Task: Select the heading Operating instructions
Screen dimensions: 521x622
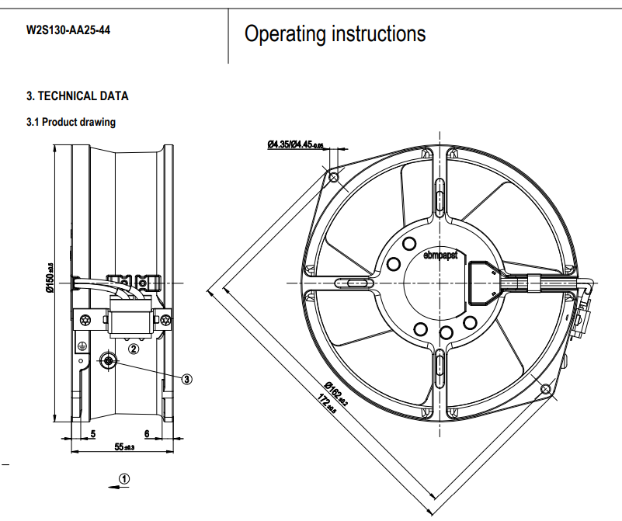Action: point(335,34)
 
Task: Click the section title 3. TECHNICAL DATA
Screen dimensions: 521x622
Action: point(78,96)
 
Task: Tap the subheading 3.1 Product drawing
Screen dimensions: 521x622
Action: point(71,122)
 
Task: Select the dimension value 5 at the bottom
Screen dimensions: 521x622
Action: point(92,432)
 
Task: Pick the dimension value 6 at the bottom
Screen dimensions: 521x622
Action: point(147,432)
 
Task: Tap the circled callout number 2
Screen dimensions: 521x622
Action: point(134,349)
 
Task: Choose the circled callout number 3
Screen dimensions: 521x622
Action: point(187,379)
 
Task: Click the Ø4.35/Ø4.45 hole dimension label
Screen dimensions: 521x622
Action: point(295,144)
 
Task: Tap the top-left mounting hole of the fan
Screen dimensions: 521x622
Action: point(334,178)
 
